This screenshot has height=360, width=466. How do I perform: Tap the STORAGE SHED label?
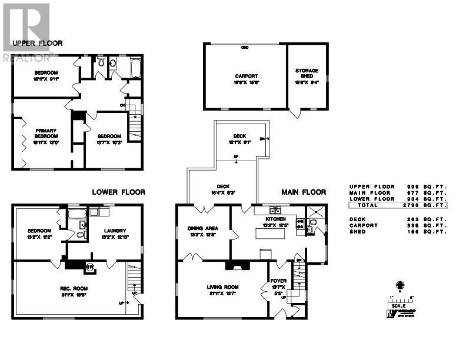click(x=307, y=74)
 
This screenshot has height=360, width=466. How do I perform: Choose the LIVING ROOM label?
click(x=221, y=287)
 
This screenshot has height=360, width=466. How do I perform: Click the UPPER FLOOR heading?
click(x=37, y=43)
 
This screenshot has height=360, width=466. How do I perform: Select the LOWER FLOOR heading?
click(x=118, y=192)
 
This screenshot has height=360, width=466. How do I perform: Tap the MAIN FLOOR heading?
click(x=304, y=192)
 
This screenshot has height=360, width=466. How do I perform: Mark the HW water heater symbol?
click(x=90, y=266)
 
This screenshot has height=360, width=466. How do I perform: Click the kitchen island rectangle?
click(x=271, y=234)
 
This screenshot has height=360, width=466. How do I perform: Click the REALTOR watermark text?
click(x=26, y=58)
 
